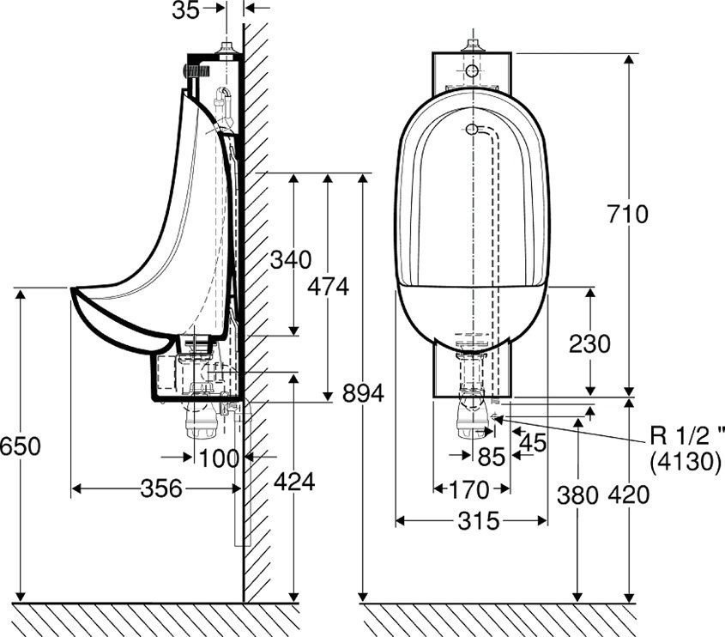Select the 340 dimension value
290,258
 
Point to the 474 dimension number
329,287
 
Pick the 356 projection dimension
160,488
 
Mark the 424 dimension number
293,482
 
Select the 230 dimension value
590,343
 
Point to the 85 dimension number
491,457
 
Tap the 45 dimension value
533,443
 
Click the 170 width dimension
468,490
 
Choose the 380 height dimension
577,495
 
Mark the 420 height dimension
631,495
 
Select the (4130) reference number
686,461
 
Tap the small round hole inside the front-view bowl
471,130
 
